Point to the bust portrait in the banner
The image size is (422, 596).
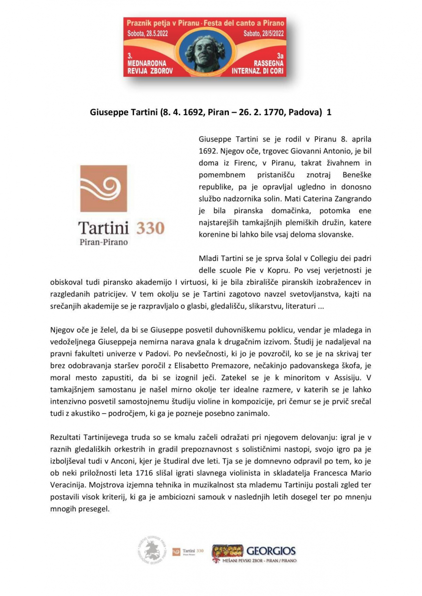tap(205, 52)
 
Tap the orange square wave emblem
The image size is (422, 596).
tap(103, 189)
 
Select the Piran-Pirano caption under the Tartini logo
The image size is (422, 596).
tap(103, 242)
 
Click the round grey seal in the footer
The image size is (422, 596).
tap(152, 551)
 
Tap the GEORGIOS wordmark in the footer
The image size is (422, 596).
tap(271, 550)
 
